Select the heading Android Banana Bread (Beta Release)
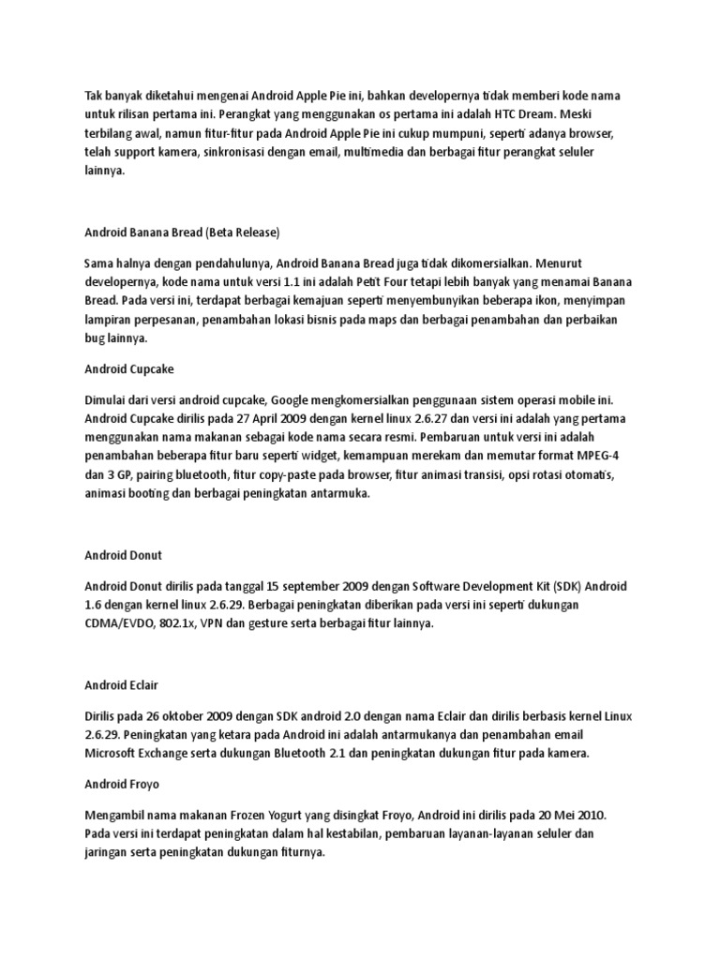[x=182, y=231]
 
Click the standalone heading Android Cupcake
[x=129, y=369]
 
